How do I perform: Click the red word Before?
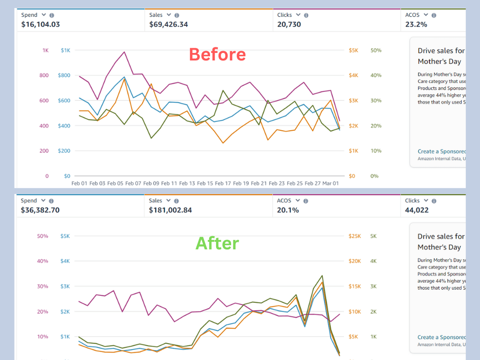coord(217,55)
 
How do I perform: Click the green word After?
coord(217,243)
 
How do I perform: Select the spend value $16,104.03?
coord(40,24)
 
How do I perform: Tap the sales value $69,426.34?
coord(168,24)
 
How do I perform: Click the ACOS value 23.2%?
coord(416,24)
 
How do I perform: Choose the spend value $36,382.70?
coord(40,210)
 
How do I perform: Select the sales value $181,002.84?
coord(170,210)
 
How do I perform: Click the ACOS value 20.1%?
coord(288,210)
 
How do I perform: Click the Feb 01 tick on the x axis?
coord(79,183)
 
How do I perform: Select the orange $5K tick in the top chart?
coord(354,50)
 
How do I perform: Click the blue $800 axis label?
coord(64,75)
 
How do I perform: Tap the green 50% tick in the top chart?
coord(375,50)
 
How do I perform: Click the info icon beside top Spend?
coord(52,15)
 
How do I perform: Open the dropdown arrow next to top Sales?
coord(169,15)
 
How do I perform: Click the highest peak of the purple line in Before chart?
coord(124,52)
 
